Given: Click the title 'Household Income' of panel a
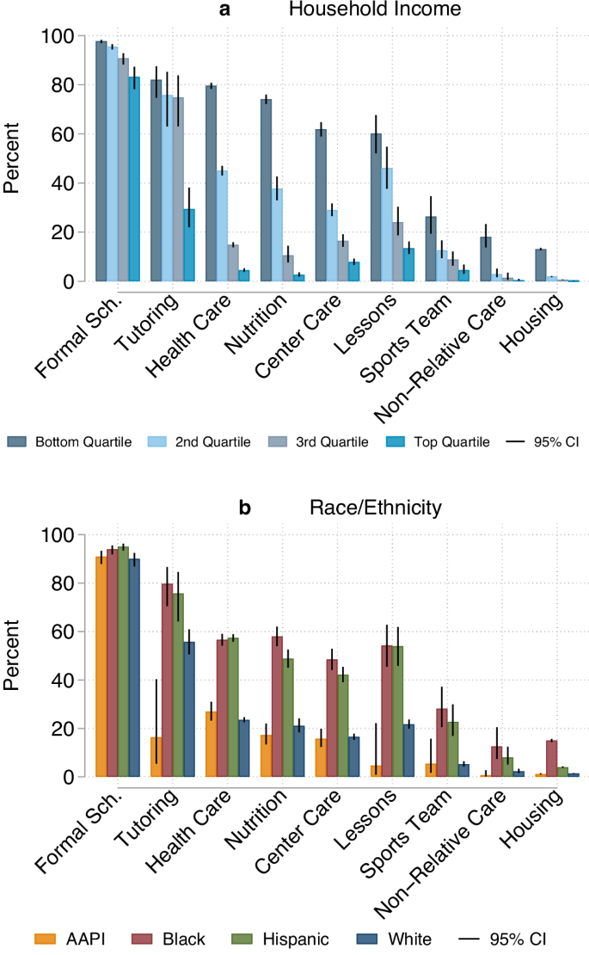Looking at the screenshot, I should coord(375,10).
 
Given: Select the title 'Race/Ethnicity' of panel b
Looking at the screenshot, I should coord(375,508).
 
